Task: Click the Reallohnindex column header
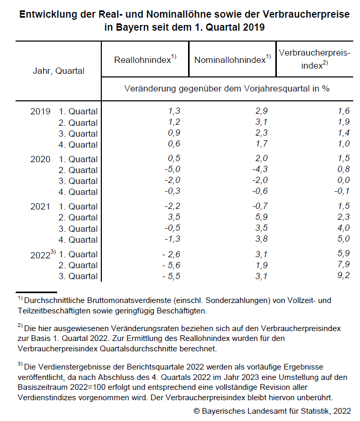click(145, 59)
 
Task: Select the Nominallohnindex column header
click(232, 59)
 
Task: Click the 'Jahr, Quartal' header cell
click(58, 71)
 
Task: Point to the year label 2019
click(41, 111)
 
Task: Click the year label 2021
click(41, 207)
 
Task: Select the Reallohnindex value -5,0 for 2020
click(174, 170)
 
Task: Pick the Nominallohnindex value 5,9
click(261, 218)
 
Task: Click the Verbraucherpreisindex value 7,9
click(343, 265)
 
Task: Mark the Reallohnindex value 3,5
click(174, 218)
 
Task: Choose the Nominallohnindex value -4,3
click(260, 170)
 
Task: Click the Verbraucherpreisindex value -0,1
click(342, 192)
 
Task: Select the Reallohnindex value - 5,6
click(171, 265)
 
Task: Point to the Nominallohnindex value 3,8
click(261, 240)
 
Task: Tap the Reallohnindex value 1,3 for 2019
click(174, 111)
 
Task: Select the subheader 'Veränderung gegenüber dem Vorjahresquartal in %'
click(227, 88)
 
